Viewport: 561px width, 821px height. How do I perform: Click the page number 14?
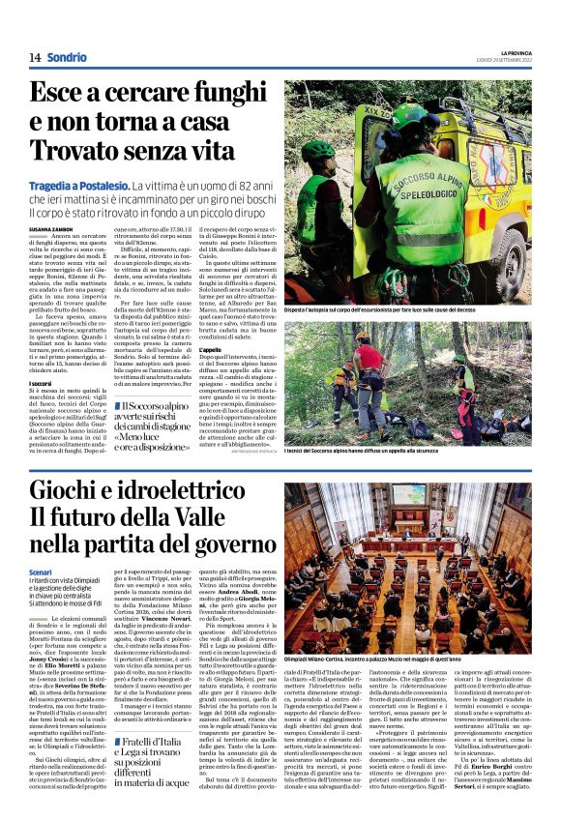(35, 58)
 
